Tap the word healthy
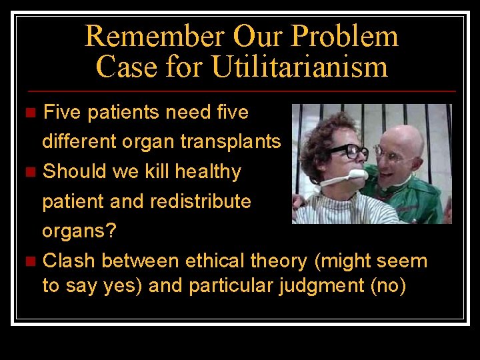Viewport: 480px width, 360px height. coord(208,172)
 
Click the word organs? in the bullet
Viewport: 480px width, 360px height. coord(79,231)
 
